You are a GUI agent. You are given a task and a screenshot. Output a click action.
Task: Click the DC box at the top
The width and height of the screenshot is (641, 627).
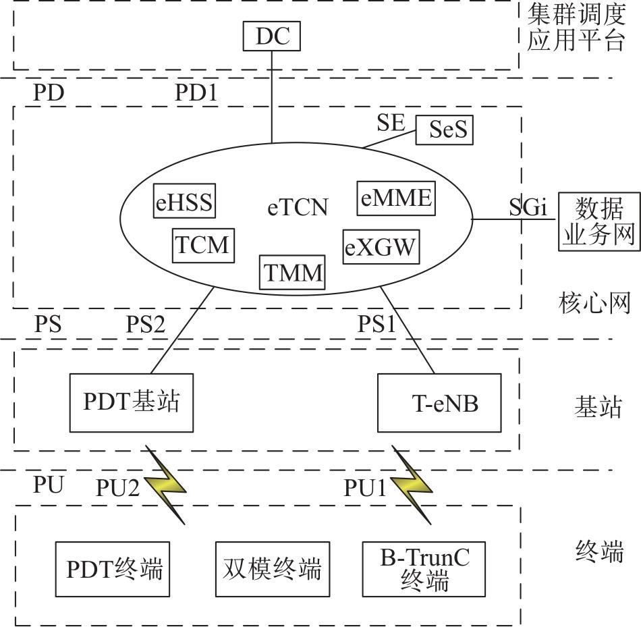point(272,36)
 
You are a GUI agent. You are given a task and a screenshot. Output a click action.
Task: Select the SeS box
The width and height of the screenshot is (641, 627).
point(442,130)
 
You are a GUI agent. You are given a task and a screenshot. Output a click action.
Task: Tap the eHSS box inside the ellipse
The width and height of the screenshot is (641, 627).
point(184,202)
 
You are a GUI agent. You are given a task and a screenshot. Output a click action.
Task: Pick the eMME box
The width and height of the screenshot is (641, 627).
point(395,198)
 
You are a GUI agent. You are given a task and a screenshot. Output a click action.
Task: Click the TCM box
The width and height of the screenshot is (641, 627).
point(203,245)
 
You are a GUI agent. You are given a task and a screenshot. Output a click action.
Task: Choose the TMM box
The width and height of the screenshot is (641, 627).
point(292,273)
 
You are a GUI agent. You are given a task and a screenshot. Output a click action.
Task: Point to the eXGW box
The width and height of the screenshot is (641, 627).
point(381,248)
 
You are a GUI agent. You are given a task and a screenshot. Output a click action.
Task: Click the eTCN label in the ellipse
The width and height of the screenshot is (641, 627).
point(298,208)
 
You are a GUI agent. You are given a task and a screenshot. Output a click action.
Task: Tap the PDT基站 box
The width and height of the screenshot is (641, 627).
point(132,403)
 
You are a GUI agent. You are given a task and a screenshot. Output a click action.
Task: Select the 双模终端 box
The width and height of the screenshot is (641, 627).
point(272,569)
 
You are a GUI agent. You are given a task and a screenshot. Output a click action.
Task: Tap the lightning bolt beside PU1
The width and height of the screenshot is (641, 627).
point(412,484)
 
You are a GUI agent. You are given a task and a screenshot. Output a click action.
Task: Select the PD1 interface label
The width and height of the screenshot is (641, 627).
point(196,93)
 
